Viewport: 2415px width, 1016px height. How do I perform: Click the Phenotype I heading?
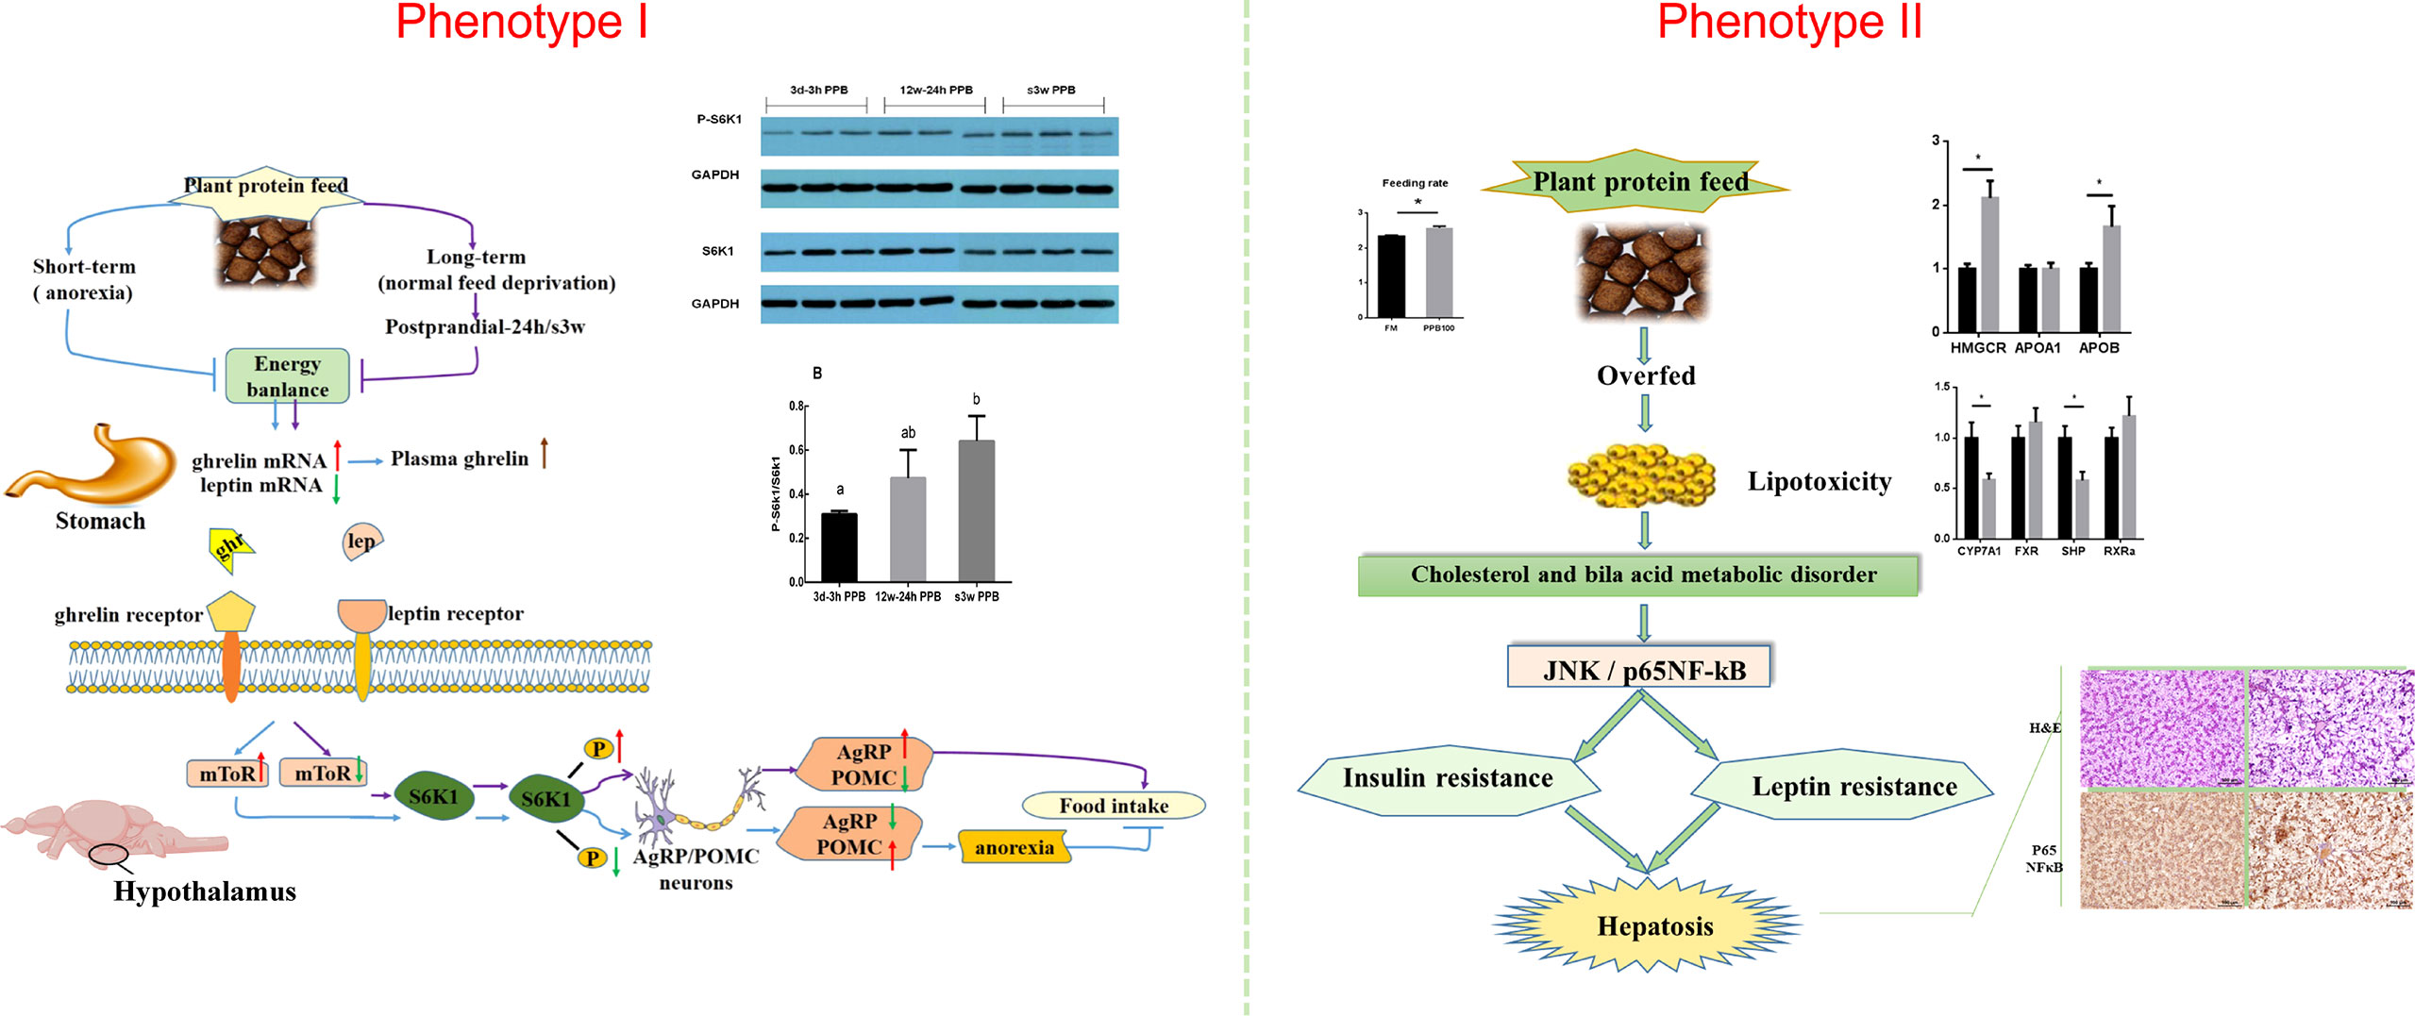coord(522,23)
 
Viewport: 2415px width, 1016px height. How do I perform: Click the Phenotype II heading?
coord(1789,23)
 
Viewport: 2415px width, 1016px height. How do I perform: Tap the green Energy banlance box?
coord(287,376)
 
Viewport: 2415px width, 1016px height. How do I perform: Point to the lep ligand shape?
coord(361,541)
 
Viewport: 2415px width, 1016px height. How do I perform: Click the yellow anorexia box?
coord(1014,847)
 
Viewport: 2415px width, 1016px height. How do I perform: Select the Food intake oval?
coord(1114,806)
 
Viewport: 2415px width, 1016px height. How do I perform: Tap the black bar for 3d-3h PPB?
coord(839,547)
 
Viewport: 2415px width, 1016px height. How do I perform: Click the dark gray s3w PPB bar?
coord(976,510)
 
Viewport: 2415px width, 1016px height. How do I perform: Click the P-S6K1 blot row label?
coord(719,120)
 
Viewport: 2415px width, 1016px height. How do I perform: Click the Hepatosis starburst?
coord(1653,925)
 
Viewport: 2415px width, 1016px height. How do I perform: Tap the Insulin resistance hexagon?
coord(1448,779)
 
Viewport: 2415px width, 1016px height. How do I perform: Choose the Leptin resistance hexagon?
coord(1853,787)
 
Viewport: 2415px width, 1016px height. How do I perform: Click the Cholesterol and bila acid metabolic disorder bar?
coord(1639,575)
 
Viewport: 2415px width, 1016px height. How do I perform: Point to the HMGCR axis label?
coord(1977,348)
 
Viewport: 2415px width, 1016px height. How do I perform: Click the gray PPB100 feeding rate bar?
coord(1439,272)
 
